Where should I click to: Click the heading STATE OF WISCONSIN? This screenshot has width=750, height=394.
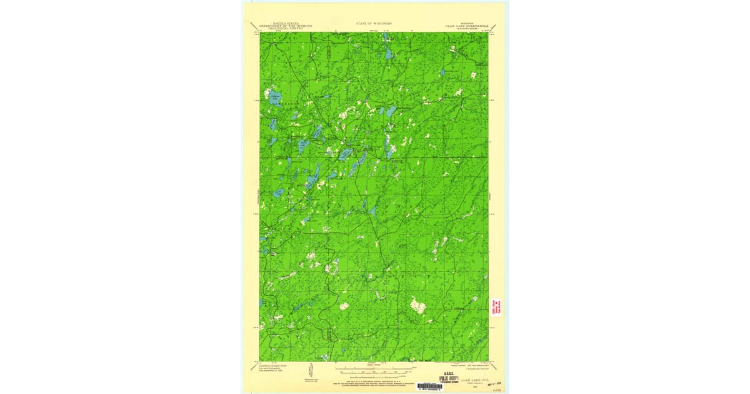[x=374, y=23]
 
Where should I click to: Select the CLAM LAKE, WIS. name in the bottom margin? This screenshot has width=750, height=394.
[x=475, y=378]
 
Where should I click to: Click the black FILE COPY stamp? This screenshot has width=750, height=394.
[x=445, y=378]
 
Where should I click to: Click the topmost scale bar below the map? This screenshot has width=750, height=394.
[x=374, y=369]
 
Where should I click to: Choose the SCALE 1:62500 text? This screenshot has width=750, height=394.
[x=374, y=365]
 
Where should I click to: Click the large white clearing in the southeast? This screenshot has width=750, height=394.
[x=417, y=306]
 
